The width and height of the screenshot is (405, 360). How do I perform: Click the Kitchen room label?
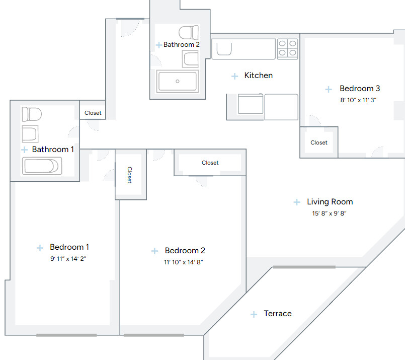click(x=258, y=76)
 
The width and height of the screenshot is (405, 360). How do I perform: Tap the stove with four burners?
click(x=287, y=48)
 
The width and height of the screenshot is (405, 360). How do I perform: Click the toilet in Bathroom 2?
click(x=189, y=33)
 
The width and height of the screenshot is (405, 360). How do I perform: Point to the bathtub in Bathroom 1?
click(x=42, y=166)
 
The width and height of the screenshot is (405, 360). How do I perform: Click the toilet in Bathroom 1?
click(x=31, y=114)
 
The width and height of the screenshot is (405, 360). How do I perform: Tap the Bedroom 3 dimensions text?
click(x=358, y=100)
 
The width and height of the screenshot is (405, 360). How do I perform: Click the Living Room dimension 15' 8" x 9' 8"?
click(x=330, y=213)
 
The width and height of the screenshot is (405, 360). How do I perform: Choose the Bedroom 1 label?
click(x=69, y=247)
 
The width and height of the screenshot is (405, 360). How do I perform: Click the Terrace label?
click(x=278, y=314)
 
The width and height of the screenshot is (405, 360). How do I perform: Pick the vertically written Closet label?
click(x=129, y=175)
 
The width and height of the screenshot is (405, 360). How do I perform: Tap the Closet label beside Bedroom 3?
click(x=319, y=142)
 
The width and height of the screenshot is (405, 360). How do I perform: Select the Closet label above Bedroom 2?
click(x=210, y=163)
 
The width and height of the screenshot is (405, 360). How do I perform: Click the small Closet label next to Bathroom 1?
click(x=93, y=113)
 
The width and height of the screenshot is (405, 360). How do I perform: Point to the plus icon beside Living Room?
click(x=297, y=202)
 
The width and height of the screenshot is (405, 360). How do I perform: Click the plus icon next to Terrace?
click(x=254, y=314)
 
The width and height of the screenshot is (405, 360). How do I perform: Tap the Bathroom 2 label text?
click(x=182, y=45)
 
